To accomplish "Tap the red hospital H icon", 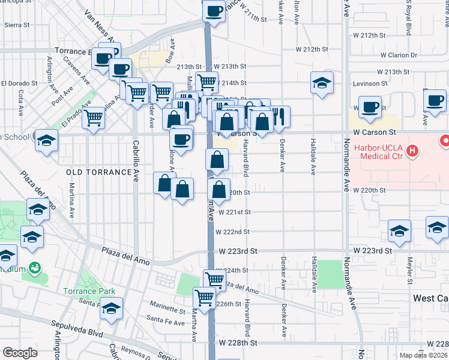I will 412,149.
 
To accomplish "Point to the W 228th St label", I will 238,343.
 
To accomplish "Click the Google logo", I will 20,353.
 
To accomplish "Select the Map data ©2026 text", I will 423,355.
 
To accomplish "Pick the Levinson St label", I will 370,83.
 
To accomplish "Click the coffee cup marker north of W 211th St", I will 214,11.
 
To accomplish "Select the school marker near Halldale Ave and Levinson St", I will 322,83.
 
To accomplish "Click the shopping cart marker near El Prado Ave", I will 94,118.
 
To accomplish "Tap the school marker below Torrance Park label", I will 111,308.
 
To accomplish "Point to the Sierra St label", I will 17,25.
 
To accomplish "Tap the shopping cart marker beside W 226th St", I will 204,296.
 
